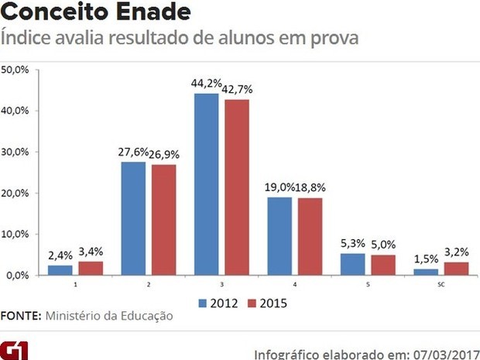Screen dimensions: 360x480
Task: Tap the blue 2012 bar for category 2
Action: [x=133, y=218]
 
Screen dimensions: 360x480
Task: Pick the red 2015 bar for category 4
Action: [x=310, y=236]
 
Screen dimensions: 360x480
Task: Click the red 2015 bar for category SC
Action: [x=457, y=268]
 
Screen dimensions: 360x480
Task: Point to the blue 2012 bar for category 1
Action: [x=60, y=269]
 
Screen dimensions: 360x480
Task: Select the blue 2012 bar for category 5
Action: [x=353, y=264]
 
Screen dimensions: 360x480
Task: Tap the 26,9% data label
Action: [x=164, y=156]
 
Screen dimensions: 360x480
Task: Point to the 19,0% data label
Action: [x=279, y=188]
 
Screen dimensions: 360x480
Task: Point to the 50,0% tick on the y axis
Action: [x=15, y=70]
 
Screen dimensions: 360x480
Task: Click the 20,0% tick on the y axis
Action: [x=15, y=193]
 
